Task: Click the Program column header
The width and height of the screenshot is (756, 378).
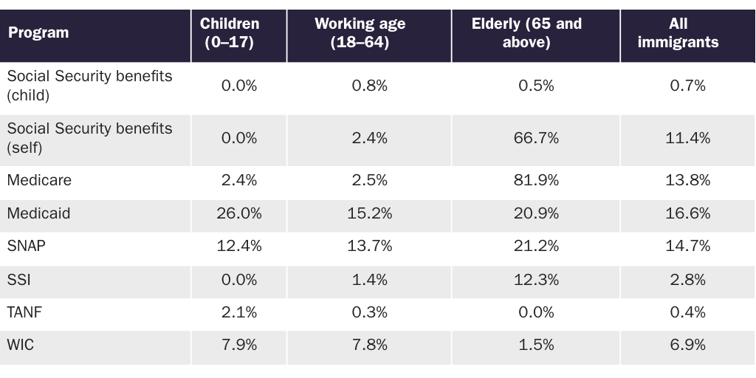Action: [38, 33]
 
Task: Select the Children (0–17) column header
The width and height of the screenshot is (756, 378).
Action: [230, 33]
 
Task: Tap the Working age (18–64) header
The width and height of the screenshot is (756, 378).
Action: [360, 33]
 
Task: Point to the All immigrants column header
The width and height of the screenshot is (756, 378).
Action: [678, 33]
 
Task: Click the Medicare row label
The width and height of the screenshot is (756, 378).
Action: [39, 180]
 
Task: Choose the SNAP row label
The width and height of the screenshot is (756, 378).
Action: [27, 247]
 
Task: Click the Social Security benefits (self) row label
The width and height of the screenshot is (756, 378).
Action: [89, 138]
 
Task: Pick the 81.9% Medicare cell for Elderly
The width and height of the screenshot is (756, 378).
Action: [536, 180]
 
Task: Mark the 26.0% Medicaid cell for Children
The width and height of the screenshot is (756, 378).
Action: [239, 213]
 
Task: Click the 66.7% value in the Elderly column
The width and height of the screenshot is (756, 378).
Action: [536, 138]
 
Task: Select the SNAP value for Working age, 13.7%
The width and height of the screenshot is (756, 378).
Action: [369, 247]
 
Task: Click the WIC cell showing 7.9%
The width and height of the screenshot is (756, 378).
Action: [239, 346]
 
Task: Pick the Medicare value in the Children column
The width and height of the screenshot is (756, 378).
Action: [239, 180]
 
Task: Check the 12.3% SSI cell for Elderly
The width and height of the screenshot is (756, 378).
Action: [536, 280]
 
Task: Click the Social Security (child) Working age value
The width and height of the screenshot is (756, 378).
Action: [369, 86]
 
